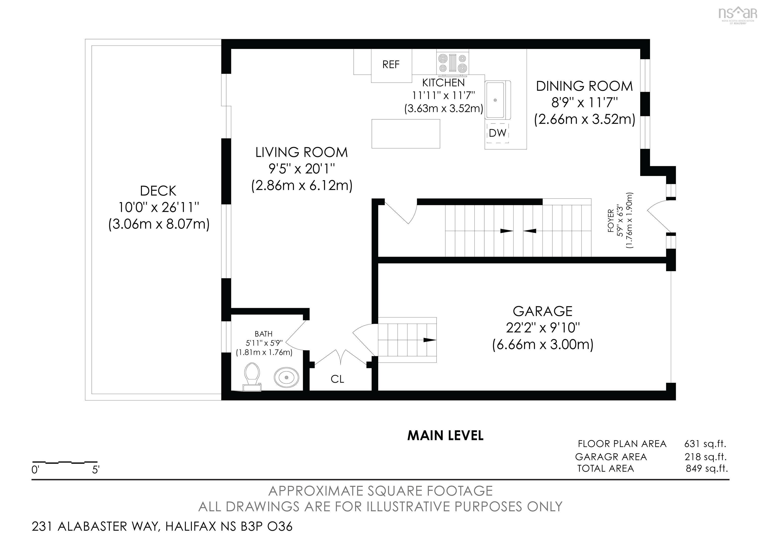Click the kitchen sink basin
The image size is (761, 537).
tap(495, 100)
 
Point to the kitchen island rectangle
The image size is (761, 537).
tap(406, 133)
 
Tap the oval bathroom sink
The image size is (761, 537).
tap(286, 377)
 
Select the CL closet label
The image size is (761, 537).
tap(337, 379)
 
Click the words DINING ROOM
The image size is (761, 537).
tap(584, 86)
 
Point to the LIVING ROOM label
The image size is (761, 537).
tap(302, 152)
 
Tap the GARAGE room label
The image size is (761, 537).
tap(543, 311)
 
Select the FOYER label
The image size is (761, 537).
tap(611, 220)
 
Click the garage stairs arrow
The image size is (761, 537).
tap(430, 340)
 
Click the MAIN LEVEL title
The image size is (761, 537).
tap(445, 436)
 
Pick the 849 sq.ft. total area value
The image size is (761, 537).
tap(707, 468)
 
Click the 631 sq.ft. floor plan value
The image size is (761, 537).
tap(705, 444)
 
